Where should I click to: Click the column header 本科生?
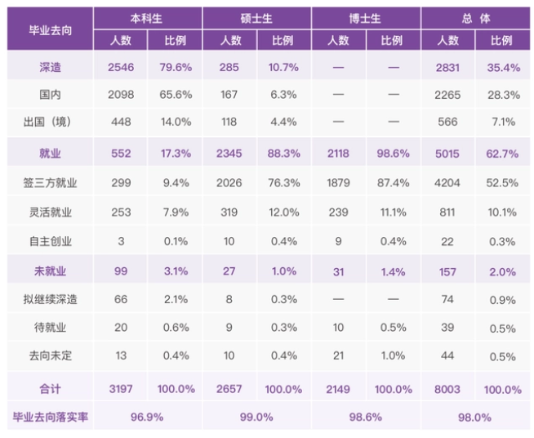(147, 17)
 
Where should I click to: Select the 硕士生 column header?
(256, 17)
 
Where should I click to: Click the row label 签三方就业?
(50, 182)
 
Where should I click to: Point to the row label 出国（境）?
(50, 122)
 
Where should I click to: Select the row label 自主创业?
(50, 242)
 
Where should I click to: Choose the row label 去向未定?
(50, 356)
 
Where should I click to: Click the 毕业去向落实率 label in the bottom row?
(50, 417)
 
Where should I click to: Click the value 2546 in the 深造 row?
(120, 68)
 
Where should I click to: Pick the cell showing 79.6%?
(176, 68)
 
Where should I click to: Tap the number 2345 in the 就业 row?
(229, 152)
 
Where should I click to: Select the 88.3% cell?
(285, 152)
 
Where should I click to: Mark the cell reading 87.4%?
(394, 182)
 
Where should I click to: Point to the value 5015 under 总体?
(448, 152)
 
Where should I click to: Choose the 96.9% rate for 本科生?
(147, 417)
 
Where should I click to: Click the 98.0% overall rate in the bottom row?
(474, 417)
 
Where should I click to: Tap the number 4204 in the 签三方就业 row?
(448, 182)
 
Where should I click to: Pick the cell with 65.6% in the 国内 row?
(176, 95)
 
